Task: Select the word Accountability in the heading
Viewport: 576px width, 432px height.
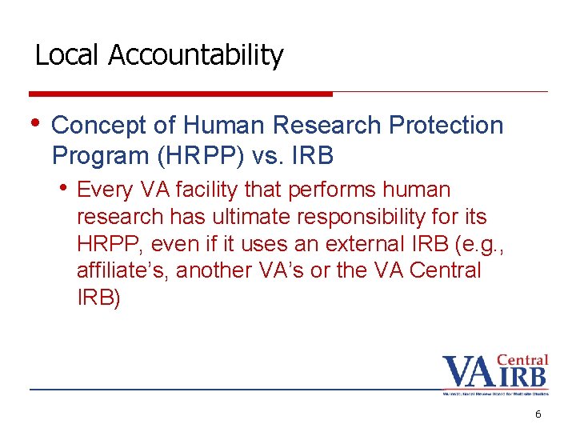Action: point(195,56)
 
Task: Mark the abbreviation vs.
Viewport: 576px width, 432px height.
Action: point(260,156)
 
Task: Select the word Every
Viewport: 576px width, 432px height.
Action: point(108,190)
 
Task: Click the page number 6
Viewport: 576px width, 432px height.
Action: point(538,414)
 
